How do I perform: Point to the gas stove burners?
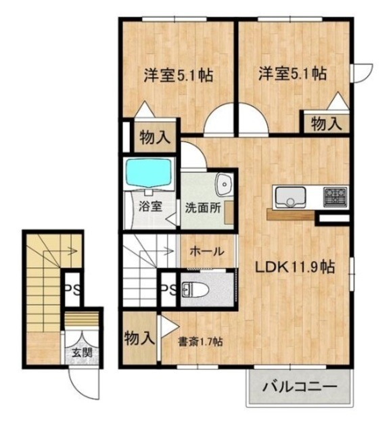tap(335, 197)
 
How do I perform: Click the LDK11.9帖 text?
tap(294, 267)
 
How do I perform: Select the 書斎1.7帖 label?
tap(200, 342)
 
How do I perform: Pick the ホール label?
tap(206, 251)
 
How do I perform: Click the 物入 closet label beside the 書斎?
tap(139, 338)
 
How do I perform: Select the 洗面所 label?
tap(203, 208)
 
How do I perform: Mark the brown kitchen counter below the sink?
tap(291, 216)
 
